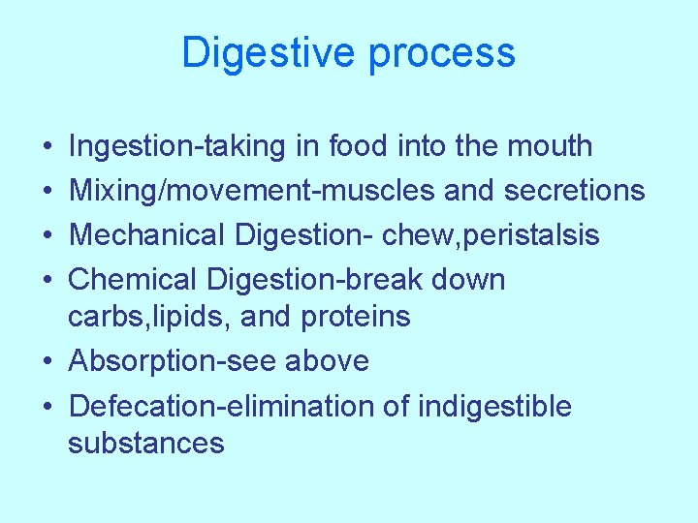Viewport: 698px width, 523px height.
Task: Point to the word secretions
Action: (x=574, y=191)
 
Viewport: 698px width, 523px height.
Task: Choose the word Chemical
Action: (x=133, y=280)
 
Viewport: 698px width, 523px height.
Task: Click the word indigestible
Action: (x=494, y=406)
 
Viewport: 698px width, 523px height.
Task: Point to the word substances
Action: (x=146, y=444)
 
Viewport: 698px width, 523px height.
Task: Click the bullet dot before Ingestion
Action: (x=48, y=147)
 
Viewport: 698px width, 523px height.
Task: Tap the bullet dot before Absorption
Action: (x=48, y=362)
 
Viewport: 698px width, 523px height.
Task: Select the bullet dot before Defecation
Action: (x=48, y=407)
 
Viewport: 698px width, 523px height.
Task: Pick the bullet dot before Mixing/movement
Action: (x=48, y=192)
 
